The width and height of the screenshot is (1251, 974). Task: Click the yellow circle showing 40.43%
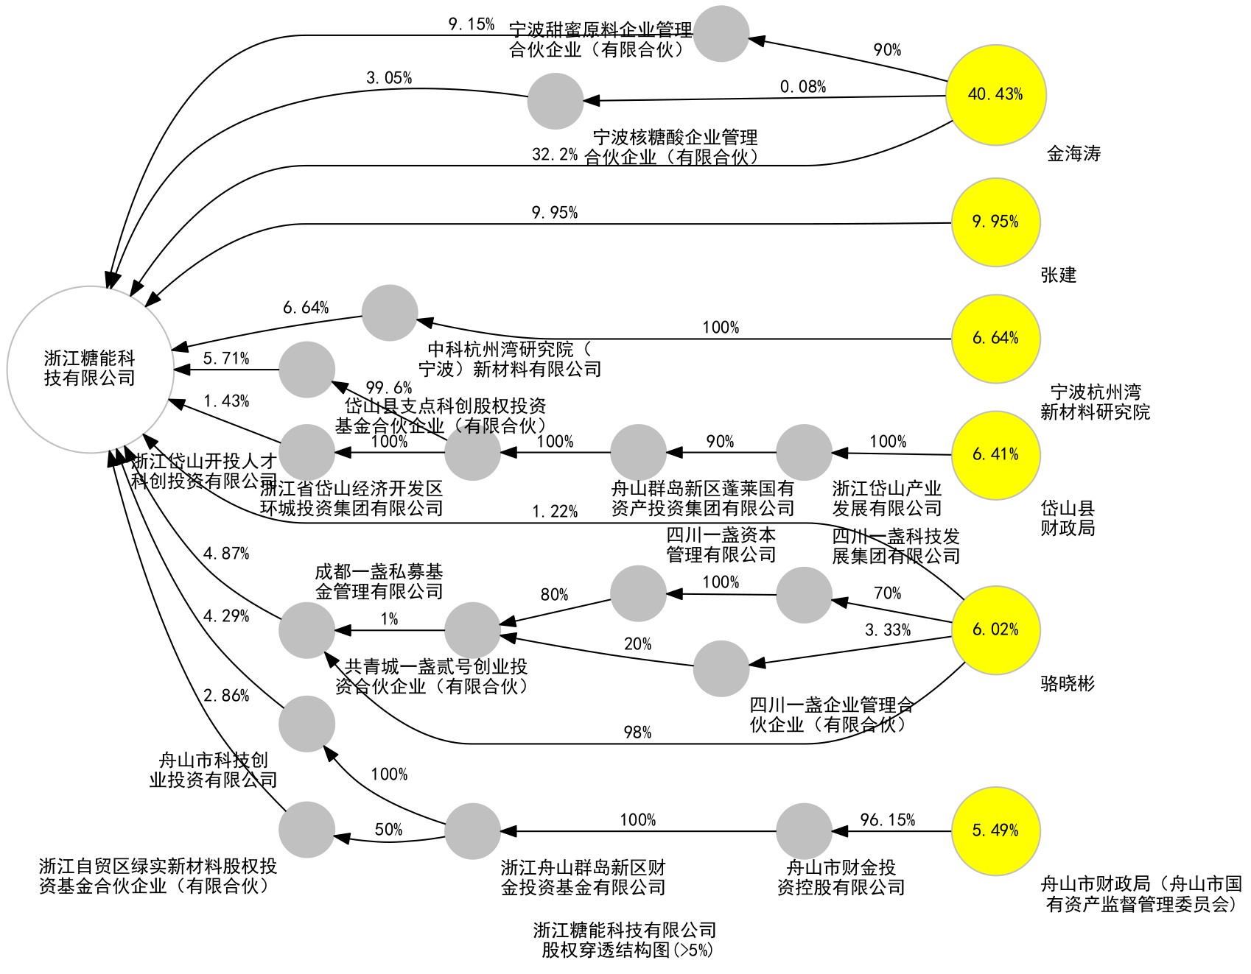point(995,95)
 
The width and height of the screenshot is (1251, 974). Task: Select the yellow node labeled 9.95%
point(995,222)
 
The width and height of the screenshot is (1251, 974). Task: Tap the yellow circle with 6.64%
point(995,339)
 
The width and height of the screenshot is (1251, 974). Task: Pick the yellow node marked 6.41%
point(995,455)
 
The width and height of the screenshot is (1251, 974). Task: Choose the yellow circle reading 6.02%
point(995,630)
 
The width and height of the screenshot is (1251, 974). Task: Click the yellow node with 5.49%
point(995,831)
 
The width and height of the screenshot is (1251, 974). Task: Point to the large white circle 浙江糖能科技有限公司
point(90,369)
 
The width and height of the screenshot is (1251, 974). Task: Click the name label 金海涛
point(1073,154)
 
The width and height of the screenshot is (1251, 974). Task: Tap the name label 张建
point(1058,275)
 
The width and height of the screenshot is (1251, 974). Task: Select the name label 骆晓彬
point(1068,684)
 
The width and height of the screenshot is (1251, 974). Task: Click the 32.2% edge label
point(555,155)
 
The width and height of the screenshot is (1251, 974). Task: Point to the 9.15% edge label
point(472,24)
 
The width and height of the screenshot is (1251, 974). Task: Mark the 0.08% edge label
point(803,87)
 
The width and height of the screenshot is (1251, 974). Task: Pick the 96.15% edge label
point(887,820)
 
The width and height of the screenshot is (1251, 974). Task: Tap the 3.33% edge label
point(887,630)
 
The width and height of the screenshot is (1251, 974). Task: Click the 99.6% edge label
point(388,388)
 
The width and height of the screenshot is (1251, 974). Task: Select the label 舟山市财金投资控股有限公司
point(841,878)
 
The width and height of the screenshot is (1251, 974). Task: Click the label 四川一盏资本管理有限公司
point(721,545)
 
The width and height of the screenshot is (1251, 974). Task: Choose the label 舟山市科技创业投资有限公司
point(213,770)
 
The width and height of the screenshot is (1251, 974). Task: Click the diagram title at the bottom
point(625,940)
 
